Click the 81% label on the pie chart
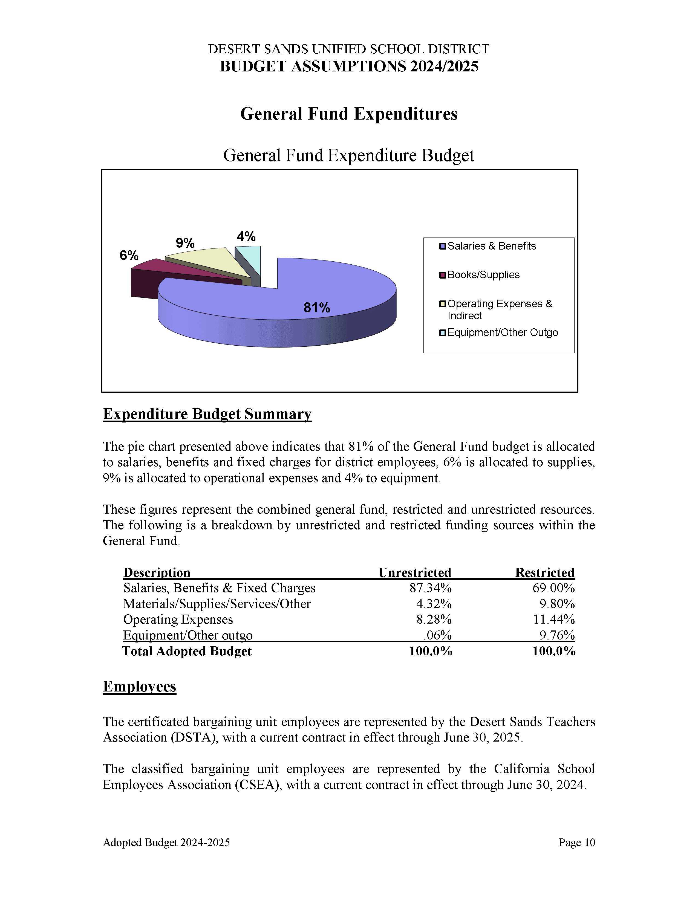pos(317,308)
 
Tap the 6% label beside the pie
pos(129,255)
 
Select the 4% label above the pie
pos(246,236)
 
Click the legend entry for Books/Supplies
pos(483,275)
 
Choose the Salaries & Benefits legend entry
pos(491,246)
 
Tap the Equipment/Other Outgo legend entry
pos(502,332)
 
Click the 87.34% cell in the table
pos(431,588)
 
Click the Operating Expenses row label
pos(178,619)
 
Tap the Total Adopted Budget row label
pos(187,651)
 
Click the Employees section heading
pos(139,686)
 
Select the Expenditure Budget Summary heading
pos(207,414)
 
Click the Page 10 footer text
pos(576,843)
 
